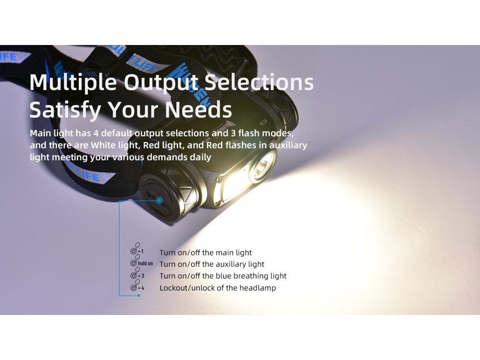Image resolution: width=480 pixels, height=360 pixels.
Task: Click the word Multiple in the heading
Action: pos(73,83)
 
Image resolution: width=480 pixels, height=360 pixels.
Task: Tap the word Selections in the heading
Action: pos(259,82)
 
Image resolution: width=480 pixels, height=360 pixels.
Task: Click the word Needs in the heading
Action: pos(199,110)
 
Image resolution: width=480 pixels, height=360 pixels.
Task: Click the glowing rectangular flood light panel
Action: pos(234,189)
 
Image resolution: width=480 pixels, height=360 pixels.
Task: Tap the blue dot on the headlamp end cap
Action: pos(159,201)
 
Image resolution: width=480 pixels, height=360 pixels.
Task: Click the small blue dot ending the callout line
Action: pos(139,295)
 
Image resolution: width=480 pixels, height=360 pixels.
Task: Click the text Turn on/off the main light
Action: pos(205,253)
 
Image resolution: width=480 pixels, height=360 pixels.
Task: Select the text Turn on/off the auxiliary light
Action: pos(212,264)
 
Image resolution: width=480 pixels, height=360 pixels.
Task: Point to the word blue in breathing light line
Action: pos(224,276)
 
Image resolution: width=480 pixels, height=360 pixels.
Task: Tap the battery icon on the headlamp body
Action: pos(263,123)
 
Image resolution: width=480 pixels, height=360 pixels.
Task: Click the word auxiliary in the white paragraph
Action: pos(288,145)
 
